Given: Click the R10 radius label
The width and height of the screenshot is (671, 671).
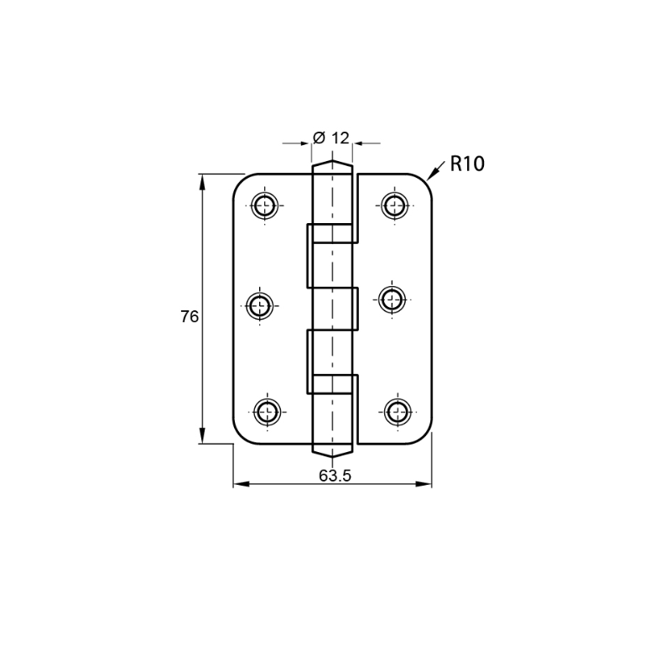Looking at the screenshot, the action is [x=467, y=164].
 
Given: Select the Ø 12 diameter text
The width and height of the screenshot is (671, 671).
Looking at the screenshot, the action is [x=331, y=138].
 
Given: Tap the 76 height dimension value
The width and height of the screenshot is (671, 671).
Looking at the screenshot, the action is [x=190, y=317].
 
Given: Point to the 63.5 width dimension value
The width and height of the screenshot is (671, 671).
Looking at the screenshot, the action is [x=335, y=475].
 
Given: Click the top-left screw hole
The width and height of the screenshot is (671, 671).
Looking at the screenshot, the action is [x=264, y=205].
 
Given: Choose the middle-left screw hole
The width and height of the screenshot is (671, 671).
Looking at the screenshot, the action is [x=259, y=305].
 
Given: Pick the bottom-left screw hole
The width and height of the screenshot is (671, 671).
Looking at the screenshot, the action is [x=268, y=412].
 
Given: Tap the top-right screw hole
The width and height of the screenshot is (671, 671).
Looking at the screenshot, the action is [x=395, y=205].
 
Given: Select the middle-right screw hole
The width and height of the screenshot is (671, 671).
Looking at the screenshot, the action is [x=393, y=299].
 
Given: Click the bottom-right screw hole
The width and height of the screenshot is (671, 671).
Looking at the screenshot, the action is [x=398, y=412].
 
